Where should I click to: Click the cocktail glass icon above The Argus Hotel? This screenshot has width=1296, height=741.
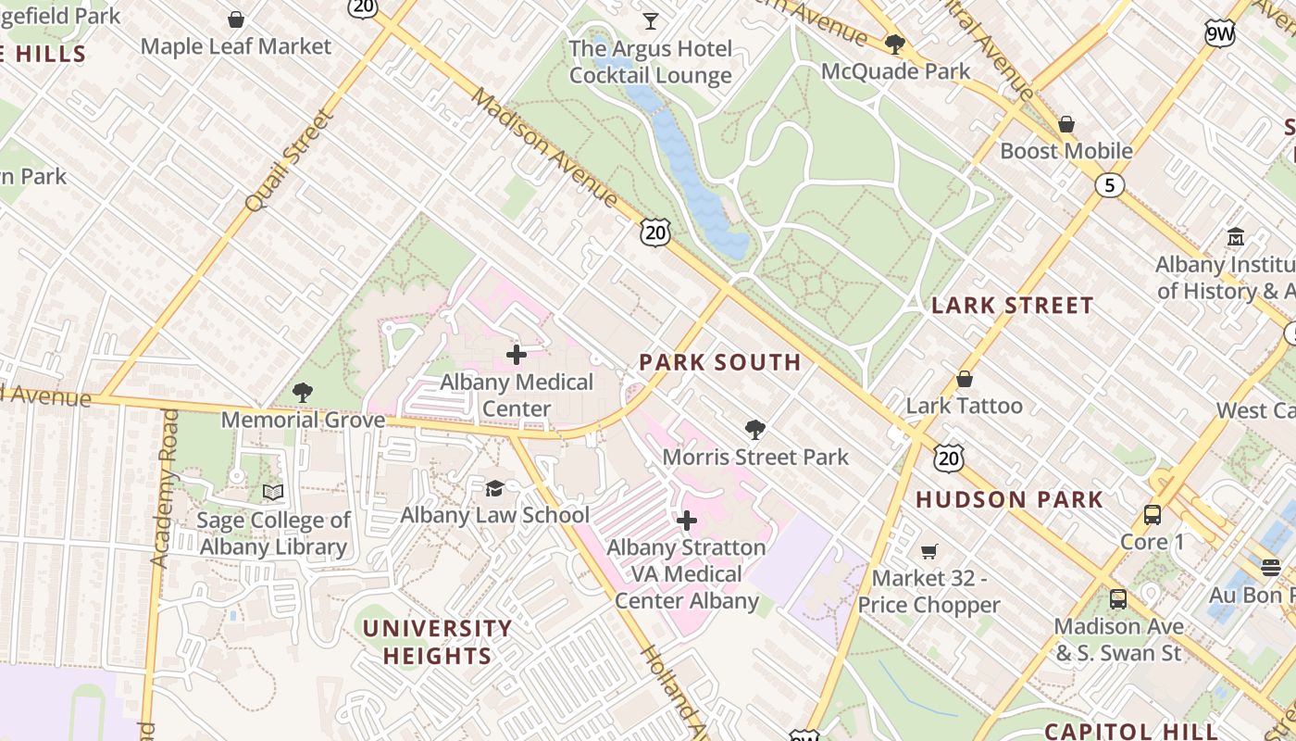[x=651, y=20]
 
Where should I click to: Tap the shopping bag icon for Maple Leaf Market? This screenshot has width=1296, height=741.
[x=236, y=19]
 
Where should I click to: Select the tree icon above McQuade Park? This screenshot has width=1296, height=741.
[x=894, y=44]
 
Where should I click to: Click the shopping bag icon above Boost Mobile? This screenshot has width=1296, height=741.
[x=1066, y=124]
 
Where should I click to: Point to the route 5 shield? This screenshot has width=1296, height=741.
[x=1109, y=185]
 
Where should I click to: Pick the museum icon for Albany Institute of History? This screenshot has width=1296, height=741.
[x=1235, y=237]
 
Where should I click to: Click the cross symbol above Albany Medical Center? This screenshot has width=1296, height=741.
[x=517, y=355]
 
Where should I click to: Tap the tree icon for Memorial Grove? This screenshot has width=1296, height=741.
[x=302, y=393]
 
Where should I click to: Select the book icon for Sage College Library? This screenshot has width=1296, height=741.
[x=273, y=492]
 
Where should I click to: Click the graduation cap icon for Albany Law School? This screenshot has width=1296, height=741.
[x=495, y=488]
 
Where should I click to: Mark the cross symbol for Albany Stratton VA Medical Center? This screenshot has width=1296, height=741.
[x=686, y=521]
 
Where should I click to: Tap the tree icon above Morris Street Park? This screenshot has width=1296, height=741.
[x=755, y=430]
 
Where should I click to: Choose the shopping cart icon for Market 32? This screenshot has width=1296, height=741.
[x=928, y=551]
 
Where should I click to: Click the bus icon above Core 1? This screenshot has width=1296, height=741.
[x=1153, y=515]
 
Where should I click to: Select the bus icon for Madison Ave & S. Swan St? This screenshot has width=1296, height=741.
[x=1118, y=599]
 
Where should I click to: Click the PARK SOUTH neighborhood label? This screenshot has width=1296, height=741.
[x=720, y=362]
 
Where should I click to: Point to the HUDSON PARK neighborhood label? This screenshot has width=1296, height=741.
[x=1010, y=500]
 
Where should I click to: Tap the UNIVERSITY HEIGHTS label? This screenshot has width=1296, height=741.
[x=437, y=642]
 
